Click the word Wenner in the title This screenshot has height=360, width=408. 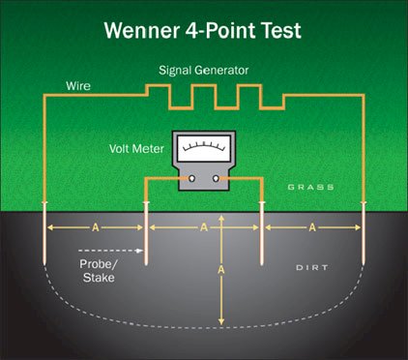pos(142,30)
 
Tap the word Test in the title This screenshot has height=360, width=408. pos(280,30)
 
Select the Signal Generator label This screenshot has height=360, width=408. pos(204,71)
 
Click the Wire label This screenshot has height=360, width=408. pos(78,86)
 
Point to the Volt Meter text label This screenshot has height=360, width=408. pos(136,149)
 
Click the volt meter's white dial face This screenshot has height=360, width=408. pos(204,148)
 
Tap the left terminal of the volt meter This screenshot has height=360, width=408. pos(191,178)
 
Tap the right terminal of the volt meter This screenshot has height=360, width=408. pos(216,178)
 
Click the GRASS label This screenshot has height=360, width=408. pos(310,187)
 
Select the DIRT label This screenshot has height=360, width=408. pos(312,267)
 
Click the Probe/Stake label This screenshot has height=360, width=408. pos(99,271)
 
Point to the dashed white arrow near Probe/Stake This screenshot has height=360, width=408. pos(110,251)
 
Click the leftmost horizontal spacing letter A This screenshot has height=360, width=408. pos(96,227)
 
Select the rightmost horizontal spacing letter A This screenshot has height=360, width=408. pos(312,227)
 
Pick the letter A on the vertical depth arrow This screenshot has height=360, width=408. pos(220,269)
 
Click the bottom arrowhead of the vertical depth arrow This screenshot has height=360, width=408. pos(221,321)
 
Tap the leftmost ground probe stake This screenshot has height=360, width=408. pos(44,233)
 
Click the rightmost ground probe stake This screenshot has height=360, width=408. pos(364,233)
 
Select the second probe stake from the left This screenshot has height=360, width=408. pos(146,233)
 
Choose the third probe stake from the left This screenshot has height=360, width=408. pos(262,233)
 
